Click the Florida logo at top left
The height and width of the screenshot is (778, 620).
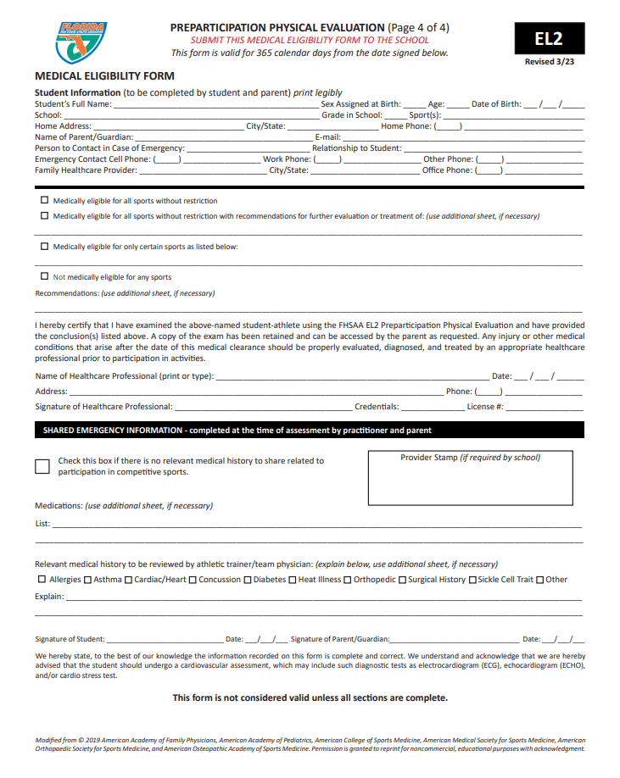(81, 42)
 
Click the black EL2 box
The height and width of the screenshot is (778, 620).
(548, 38)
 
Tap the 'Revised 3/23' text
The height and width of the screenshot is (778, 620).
(549, 62)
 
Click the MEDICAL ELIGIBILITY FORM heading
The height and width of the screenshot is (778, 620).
(104, 76)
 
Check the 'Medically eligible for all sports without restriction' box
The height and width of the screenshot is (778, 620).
(44, 201)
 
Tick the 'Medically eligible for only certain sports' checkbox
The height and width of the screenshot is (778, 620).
(44, 247)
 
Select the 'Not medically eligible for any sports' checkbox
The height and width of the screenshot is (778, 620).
(44, 276)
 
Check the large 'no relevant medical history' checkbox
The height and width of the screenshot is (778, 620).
(42, 466)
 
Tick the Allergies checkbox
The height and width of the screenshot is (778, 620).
(42, 580)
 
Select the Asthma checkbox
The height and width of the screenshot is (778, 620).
(88, 580)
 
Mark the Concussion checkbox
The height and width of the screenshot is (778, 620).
(193, 580)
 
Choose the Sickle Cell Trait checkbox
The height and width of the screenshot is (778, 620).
(473, 580)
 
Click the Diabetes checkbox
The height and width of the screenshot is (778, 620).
(248, 580)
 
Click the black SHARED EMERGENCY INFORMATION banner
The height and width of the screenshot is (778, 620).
(309, 431)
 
